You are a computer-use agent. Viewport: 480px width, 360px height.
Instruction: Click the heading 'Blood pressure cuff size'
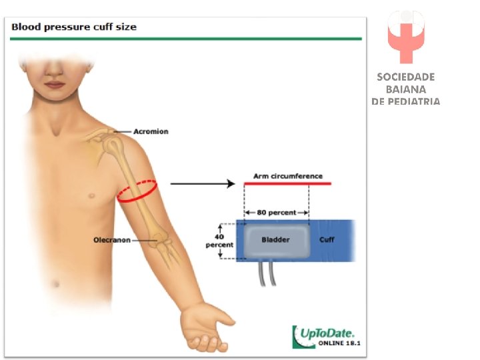pyautogui.click(x=74, y=27)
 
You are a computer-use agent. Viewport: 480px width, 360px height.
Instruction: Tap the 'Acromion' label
pyautogui.click(x=151, y=131)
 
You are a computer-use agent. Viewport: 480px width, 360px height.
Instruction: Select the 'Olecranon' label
pyautogui.click(x=111, y=240)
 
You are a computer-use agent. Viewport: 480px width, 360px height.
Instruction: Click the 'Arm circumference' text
pyautogui.click(x=287, y=176)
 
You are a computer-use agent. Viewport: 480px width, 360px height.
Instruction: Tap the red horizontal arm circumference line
pyautogui.click(x=287, y=183)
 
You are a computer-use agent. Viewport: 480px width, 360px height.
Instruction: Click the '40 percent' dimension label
pyautogui.click(x=219, y=240)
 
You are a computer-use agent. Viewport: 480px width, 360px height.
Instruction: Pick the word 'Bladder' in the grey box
pyautogui.click(x=275, y=239)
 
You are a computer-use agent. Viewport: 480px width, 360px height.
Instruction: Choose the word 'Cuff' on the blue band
pyautogui.click(x=327, y=239)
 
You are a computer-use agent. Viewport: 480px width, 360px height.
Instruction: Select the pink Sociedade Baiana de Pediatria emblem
pyautogui.click(x=405, y=37)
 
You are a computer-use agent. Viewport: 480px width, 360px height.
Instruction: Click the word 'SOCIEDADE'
pyautogui.click(x=405, y=77)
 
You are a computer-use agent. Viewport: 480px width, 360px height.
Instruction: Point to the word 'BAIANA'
pyautogui.click(x=405, y=89)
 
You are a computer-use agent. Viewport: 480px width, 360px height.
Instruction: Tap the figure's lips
pyautogui.click(x=55, y=85)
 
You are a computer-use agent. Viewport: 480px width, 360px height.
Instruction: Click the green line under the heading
pyautogui.click(x=186, y=39)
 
